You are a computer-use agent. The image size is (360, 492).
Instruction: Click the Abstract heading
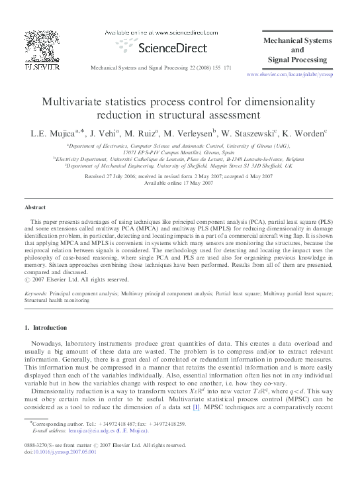[x=35, y=207]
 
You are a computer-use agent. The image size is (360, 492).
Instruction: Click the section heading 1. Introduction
[x=46, y=327]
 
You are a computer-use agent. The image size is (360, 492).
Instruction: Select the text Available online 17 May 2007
[x=180, y=183]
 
